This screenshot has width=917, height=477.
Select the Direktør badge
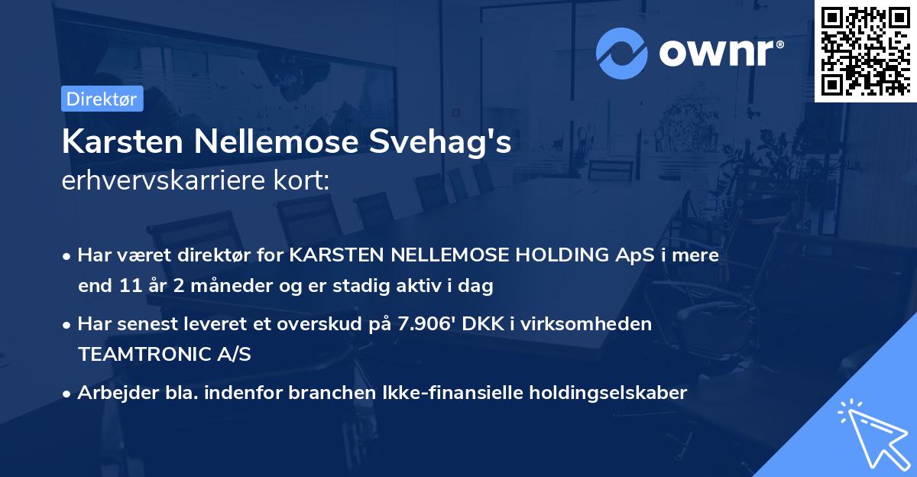pyautogui.click(x=101, y=99)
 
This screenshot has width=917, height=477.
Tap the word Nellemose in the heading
pyautogui.click(x=272, y=143)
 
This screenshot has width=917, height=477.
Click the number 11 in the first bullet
pyautogui.click(x=129, y=287)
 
